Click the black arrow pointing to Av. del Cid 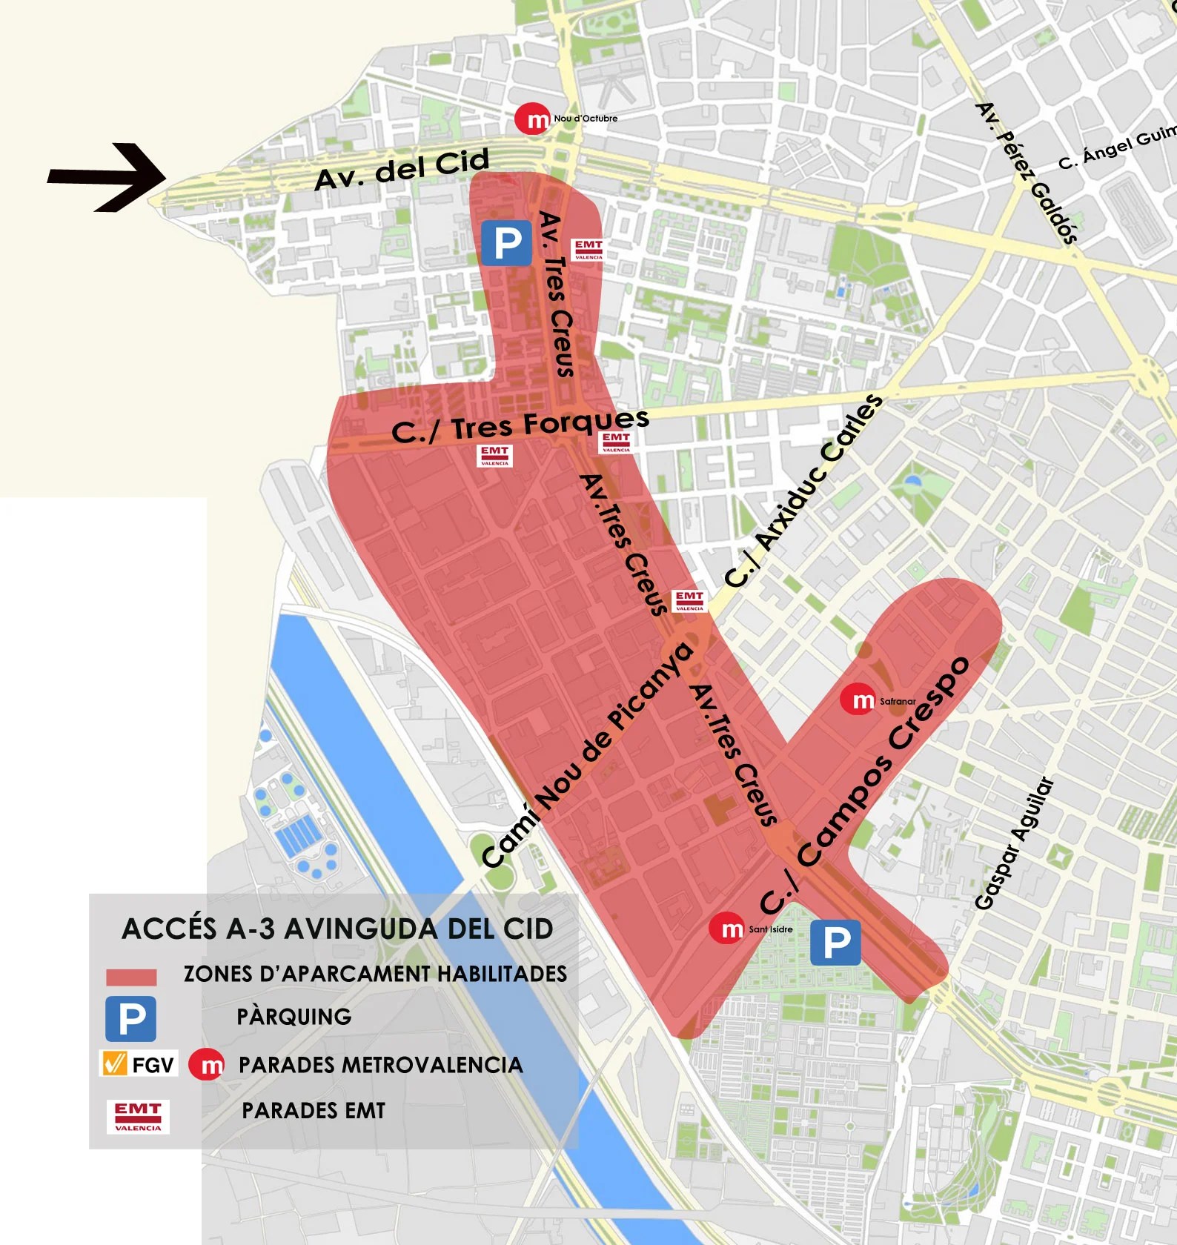[x=107, y=176]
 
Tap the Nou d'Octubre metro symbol [x=533, y=119]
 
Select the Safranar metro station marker [x=858, y=700]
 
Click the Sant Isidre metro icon [x=726, y=929]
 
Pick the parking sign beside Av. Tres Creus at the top [x=506, y=242]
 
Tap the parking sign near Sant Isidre [x=835, y=943]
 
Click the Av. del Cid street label [x=402, y=169]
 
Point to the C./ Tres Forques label [x=520, y=426]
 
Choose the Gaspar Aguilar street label [x=1013, y=843]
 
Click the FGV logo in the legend [x=139, y=1064]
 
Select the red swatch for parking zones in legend [x=131, y=977]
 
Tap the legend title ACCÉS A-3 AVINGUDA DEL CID [x=337, y=929]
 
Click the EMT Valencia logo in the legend [x=138, y=1116]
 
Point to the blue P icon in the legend [x=131, y=1019]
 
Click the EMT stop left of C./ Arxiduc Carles [x=689, y=600]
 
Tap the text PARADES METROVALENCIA [x=380, y=1065]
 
